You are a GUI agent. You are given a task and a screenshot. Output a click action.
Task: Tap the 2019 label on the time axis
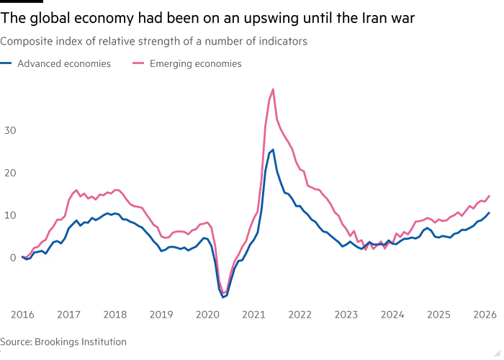click(x=161, y=314)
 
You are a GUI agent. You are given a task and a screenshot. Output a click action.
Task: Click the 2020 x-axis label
click(x=207, y=314)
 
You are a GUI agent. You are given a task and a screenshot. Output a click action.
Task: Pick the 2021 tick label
click(x=253, y=314)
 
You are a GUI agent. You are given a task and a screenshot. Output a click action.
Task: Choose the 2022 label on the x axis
click(x=300, y=314)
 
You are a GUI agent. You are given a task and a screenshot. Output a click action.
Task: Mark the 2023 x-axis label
click(x=346, y=314)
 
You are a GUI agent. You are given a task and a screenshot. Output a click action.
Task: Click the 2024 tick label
click(x=392, y=314)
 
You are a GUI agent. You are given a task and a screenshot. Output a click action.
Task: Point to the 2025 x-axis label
click(x=439, y=314)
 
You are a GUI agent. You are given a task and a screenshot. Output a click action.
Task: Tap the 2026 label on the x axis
click(x=485, y=314)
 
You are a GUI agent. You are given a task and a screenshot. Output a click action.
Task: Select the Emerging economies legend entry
click(x=195, y=64)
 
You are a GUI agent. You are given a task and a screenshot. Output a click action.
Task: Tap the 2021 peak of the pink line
click(x=272, y=89)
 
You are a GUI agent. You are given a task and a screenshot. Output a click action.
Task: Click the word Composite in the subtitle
click(x=22, y=42)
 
